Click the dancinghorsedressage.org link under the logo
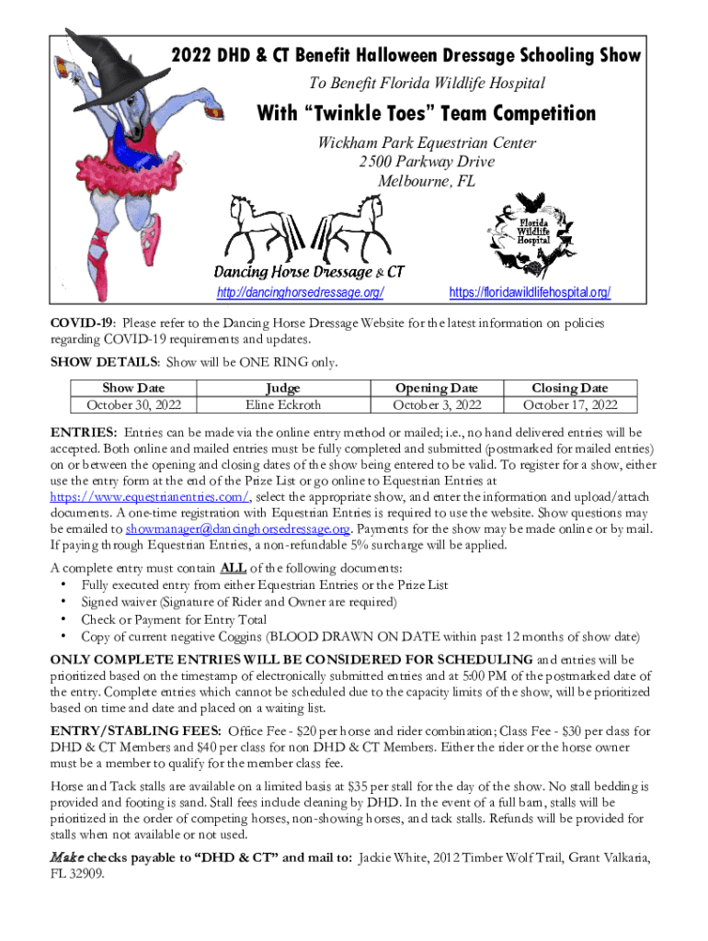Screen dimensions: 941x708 (300, 293)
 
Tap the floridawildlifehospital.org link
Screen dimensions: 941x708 (530, 293)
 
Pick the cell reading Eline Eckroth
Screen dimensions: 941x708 (283, 404)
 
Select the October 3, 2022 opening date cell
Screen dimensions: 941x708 (438, 404)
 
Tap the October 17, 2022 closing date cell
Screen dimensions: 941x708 (570, 404)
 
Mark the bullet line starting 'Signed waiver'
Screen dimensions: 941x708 (239, 602)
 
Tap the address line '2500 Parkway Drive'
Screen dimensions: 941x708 (428, 162)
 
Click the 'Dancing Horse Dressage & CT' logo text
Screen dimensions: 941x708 (309, 272)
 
